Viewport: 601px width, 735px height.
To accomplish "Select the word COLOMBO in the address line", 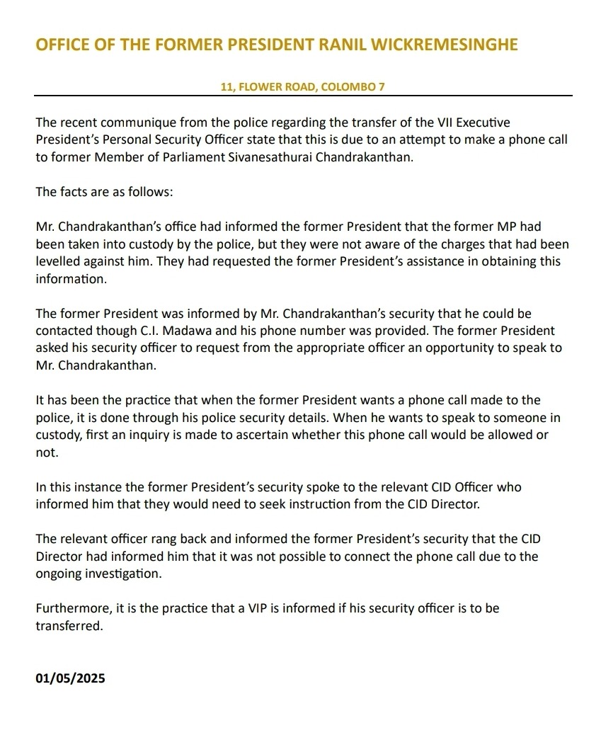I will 343,87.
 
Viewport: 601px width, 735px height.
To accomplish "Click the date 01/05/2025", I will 70,678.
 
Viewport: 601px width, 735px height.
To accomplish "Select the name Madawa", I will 229,330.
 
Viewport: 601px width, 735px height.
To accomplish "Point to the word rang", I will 157,538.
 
